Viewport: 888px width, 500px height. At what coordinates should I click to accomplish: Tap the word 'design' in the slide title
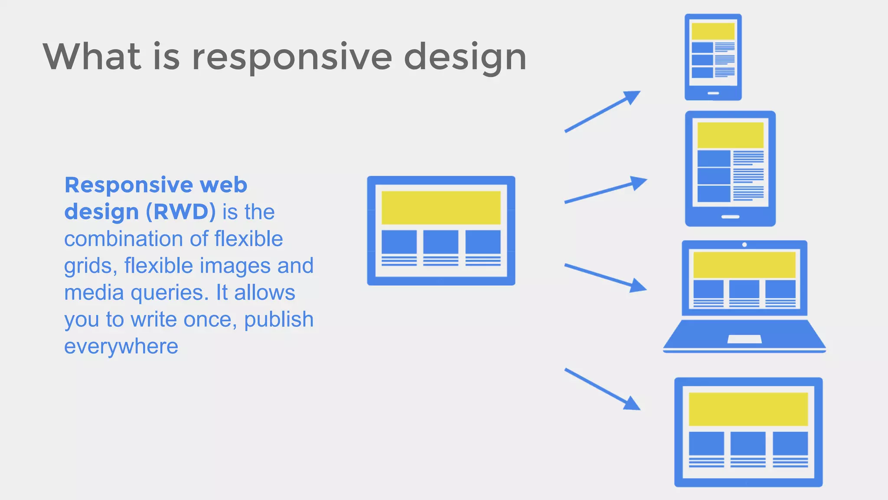coord(465,58)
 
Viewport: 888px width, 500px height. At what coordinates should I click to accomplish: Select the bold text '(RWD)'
coord(181,212)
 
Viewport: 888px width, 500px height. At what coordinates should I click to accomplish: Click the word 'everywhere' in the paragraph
coord(121,346)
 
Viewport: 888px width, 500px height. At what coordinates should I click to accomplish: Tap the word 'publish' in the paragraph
coord(278,319)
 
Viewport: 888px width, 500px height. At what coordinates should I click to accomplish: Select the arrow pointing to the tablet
coord(605,190)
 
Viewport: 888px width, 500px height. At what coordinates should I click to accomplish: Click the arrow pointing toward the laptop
coord(605,277)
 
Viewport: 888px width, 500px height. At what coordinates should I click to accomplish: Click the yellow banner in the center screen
coord(441,207)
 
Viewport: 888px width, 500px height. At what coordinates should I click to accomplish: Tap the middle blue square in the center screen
coord(441,242)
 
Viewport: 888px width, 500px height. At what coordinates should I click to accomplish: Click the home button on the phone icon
coord(713,93)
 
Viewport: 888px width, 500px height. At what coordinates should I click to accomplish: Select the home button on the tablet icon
coord(730,217)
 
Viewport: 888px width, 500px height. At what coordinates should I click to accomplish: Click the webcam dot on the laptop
coord(744,245)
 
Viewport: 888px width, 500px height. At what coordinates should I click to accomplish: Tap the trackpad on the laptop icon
coord(744,339)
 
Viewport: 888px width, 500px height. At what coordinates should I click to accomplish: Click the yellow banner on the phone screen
coord(713,31)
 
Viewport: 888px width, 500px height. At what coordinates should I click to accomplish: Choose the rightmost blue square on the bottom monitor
coord(790,443)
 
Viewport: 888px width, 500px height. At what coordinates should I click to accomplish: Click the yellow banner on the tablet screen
coord(730,135)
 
